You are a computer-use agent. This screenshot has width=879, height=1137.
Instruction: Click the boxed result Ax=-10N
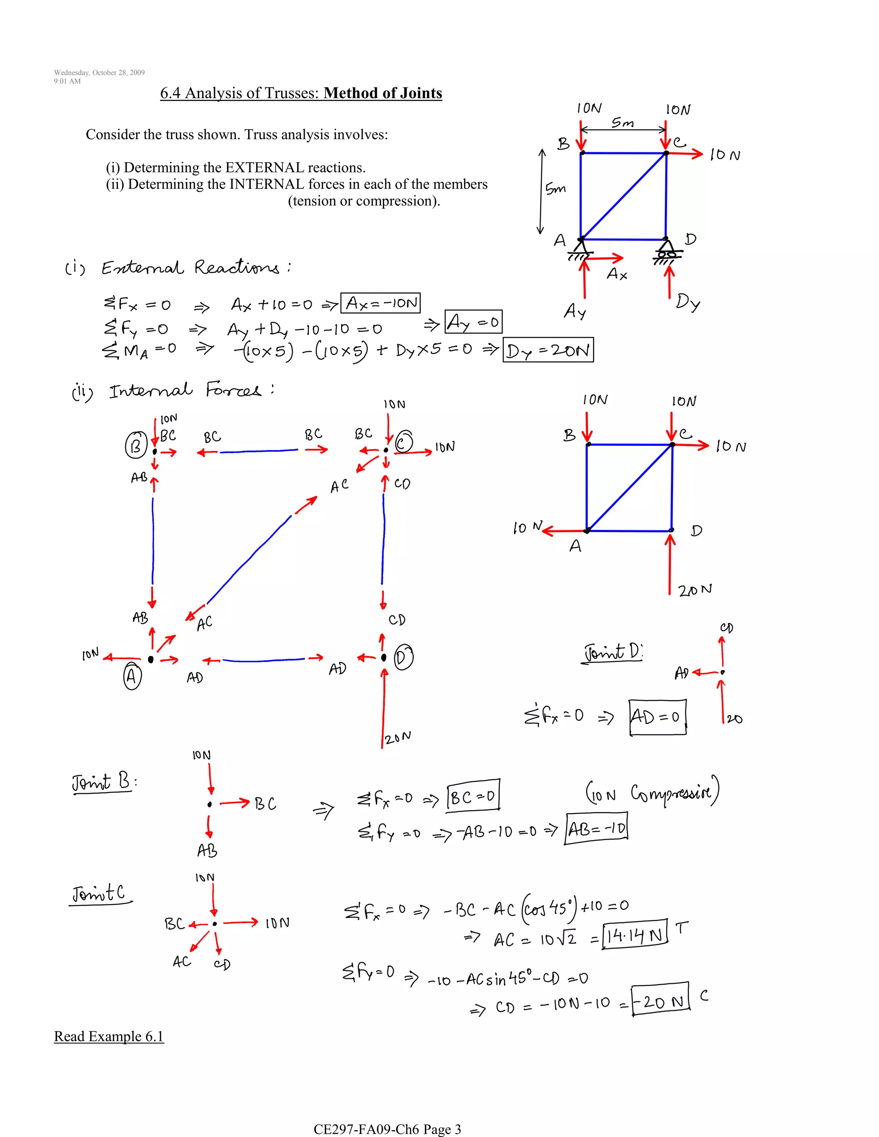(380, 303)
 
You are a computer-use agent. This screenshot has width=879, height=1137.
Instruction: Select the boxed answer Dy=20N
(548, 351)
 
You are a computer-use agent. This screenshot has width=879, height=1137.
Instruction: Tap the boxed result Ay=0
(473, 322)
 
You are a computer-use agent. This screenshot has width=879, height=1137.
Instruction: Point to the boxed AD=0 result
(657, 717)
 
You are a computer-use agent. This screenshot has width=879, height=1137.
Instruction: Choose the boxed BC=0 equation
(473, 796)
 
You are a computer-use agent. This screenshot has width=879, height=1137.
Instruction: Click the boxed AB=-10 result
(596, 828)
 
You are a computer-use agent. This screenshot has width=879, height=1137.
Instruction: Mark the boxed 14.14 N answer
(634, 935)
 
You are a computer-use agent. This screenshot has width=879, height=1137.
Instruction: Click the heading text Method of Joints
(383, 93)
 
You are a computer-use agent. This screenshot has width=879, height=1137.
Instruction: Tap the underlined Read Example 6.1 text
(109, 1036)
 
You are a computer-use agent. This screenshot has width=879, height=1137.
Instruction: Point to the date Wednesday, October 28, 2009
(99, 73)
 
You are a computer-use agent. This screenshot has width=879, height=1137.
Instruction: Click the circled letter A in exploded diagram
(132, 676)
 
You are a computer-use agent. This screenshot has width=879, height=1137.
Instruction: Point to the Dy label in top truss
(688, 302)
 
